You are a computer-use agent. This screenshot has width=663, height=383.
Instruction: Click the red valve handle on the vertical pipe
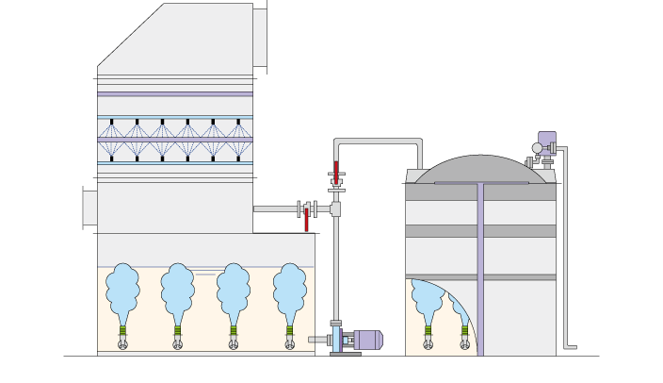pyautogui.click(x=336, y=174)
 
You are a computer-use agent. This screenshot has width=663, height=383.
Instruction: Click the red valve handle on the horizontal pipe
pyautogui.click(x=306, y=220)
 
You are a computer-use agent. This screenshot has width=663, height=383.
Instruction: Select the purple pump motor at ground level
pyautogui.click(x=366, y=340)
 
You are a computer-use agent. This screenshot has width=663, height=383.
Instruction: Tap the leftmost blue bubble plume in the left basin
pyautogui.click(x=121, y=292)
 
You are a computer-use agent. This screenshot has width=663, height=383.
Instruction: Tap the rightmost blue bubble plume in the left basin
pyautogui.click(x=289, y=292)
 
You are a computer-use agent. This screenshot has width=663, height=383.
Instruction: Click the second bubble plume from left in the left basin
pyautogui.click(x=177, y=292)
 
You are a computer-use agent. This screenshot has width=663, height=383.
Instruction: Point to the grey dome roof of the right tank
pyautogui.click(x=480, y=170)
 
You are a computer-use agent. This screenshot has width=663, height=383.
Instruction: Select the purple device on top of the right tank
pyautogui.click(x=546, y=142)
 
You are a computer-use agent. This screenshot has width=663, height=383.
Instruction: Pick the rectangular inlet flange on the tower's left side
pyautogui.click(x=89, y=208)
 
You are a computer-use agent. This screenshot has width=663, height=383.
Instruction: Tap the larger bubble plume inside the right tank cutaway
pyautogui.click(x=428, y=300)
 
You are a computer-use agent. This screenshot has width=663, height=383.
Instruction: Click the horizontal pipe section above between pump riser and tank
pyautogui.click(x=377, y=142)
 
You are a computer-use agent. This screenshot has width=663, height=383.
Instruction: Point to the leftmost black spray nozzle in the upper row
pyautogui.click(x=111, y=122)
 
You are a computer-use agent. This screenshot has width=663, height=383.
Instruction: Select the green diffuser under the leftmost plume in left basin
pyautogui.click(x=122, y=330)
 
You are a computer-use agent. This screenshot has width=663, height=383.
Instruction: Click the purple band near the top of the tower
pyautogui.click(x=175, y=94)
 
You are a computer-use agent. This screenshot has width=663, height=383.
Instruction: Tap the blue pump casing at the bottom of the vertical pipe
pyautogui.click(x=336, y=339)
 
